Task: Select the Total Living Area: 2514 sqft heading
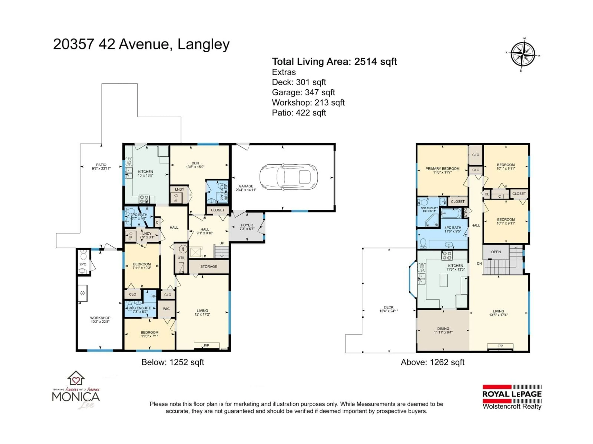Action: (334, 62)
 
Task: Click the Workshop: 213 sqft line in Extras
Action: (308, 103)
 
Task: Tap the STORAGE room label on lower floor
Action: (209, 267)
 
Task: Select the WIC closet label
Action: (166, 309)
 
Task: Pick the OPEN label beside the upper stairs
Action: (496, 252)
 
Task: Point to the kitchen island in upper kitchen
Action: (444, 280)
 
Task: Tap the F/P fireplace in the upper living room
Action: (500, 346)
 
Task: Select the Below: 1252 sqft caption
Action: (173, 362)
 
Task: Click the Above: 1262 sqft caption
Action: (432, 362)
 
